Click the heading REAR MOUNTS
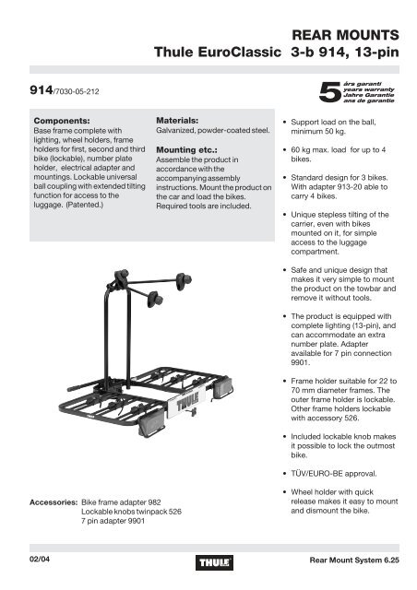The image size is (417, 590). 345,35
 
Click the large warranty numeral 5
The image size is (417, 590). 330,92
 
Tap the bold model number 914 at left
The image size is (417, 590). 42,90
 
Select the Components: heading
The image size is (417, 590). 62,121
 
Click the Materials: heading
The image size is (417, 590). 177,121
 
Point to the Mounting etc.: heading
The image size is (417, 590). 186,149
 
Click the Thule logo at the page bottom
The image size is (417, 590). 214,562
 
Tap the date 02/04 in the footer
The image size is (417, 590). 40,559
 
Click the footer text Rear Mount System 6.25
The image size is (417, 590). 354,560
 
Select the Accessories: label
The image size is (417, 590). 54,502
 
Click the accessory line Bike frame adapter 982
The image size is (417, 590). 121,502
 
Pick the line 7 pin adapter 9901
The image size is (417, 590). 113,521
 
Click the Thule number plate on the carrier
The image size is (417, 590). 187,404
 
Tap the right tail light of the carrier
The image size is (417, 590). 223,388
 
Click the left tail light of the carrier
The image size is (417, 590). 152,425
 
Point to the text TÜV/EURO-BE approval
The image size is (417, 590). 334,473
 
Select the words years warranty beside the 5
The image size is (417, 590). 369,89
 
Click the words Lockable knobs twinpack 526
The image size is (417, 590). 132,512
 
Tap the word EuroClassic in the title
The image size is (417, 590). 239,52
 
